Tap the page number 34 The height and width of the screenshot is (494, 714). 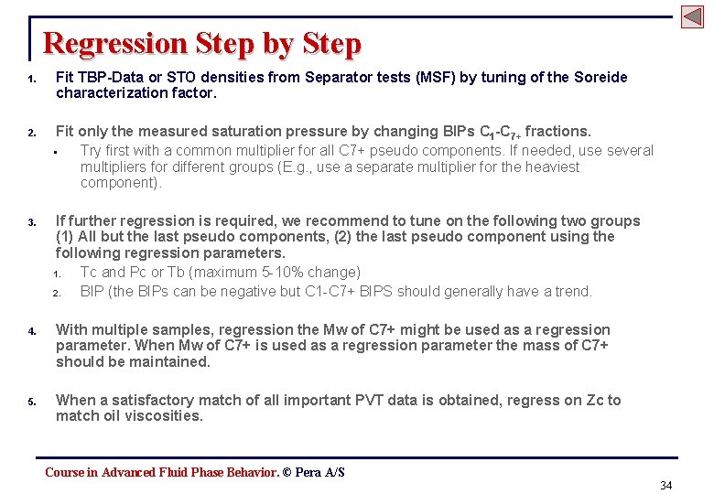[x=665, y=485]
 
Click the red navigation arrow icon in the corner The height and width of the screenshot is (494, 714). [x=692, y=16]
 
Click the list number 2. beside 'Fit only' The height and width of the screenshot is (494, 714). [x=31, y=134]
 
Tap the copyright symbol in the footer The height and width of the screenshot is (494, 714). [x=287, y=472]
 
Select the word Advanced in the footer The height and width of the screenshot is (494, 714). [x=128, y=472]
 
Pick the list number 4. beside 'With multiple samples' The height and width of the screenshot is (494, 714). [x=31, y=331]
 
